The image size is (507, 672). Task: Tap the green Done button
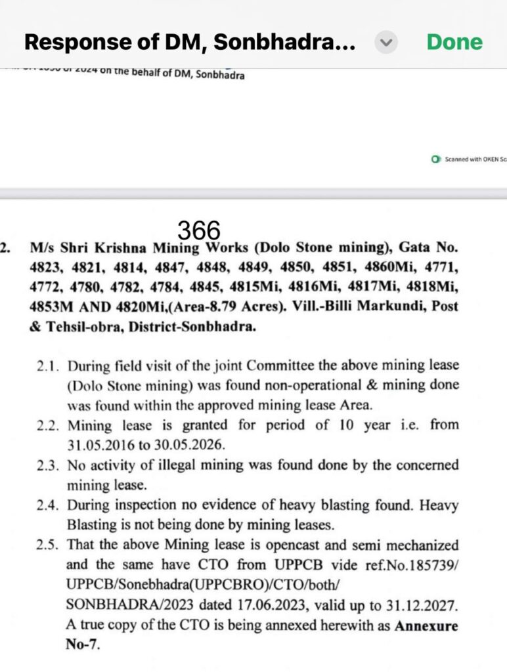(454, 43)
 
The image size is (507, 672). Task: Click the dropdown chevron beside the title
(386, 43)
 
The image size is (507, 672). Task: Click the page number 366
(199, 231)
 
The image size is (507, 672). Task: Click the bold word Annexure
(426, 625)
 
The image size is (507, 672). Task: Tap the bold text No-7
(82, 645)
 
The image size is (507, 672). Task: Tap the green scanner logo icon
(435, 159)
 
